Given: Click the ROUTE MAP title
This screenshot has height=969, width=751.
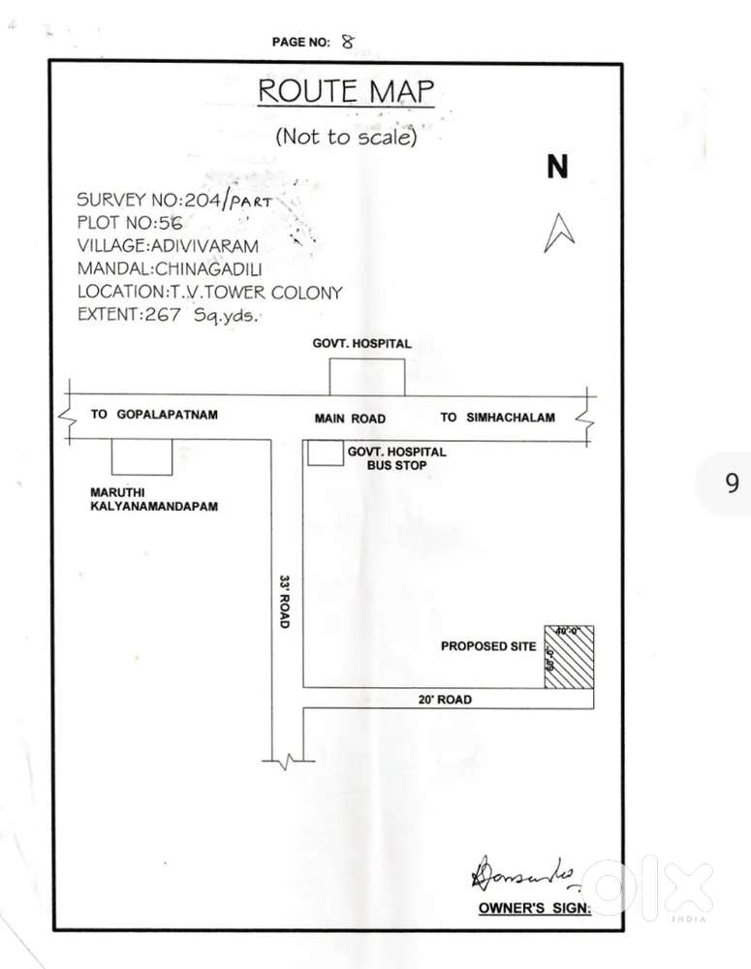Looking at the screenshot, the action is click(x=345, y=92).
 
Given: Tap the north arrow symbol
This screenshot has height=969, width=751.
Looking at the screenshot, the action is click(x=559, y=233).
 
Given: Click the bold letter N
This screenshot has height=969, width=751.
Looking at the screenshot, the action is click(x=557, y=167).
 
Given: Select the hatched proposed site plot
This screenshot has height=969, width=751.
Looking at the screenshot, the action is click(x=568, y=657).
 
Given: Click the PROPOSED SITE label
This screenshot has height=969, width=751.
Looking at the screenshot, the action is click(x=488, y=646).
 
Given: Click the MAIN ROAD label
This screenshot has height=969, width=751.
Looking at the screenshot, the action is click(x=350, y=419).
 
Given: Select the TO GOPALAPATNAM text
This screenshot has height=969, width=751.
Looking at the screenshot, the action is click(x=155, y=415).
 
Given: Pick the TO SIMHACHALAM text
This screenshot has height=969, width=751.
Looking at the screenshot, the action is click(x=498, y=418).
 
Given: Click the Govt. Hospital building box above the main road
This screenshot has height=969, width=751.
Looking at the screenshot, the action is click(x=366, y=377).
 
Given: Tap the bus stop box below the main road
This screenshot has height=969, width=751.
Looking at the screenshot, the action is click(x=325, y=453).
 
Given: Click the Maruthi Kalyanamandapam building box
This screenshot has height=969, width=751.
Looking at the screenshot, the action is click(x=142, y=456).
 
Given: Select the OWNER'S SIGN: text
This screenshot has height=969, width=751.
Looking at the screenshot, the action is click(x=534, y=908).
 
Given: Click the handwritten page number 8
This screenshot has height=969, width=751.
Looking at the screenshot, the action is click(x=349, y=41).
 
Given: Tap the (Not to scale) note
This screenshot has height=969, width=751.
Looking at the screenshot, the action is click(x=346, y=137).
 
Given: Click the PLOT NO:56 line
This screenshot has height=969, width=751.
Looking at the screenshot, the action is click(x=129, y=222).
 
